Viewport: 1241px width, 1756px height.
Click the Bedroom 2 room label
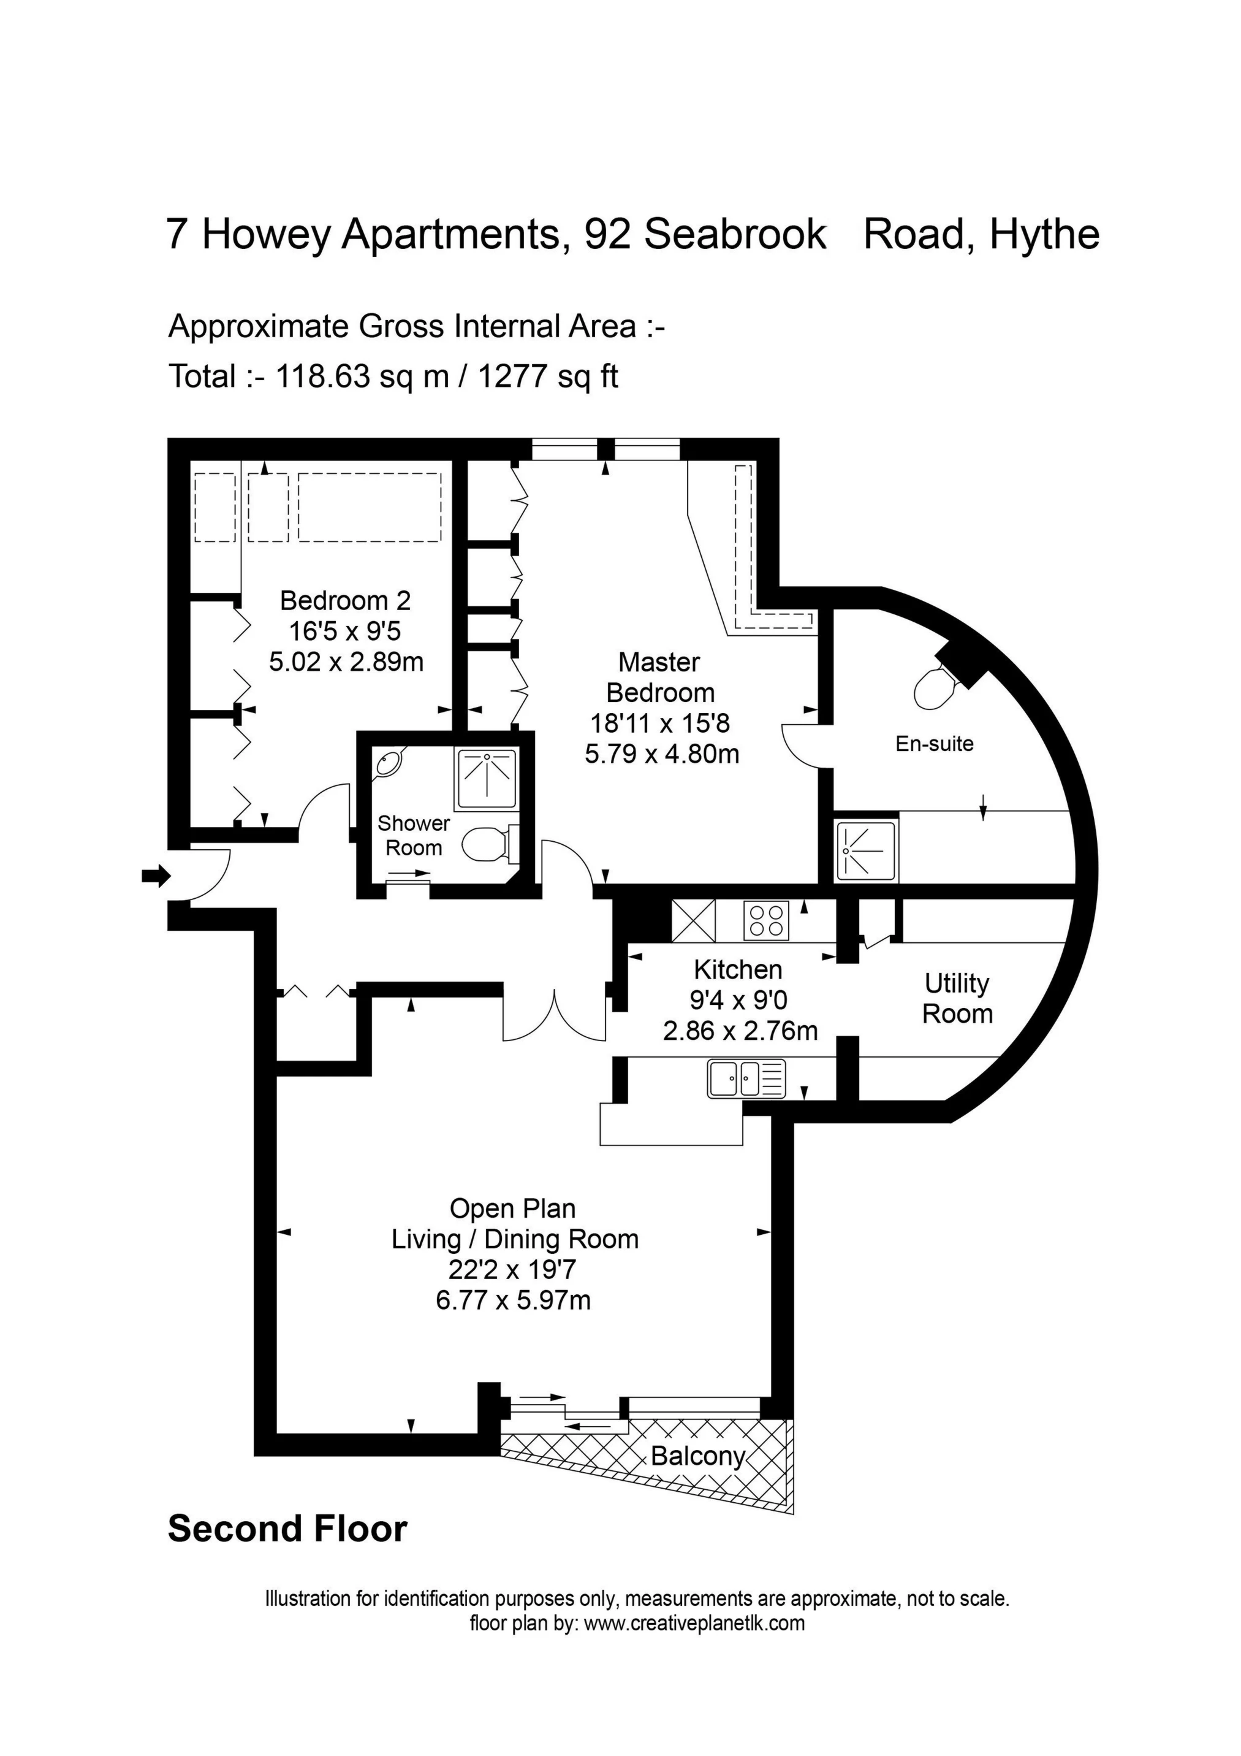[345, 600]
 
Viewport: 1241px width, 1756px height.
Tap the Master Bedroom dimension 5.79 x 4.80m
[661, 754]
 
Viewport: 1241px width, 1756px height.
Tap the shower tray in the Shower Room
[487, 779]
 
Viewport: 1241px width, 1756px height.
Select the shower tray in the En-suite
[867, 850]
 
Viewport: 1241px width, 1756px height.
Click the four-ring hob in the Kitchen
[766, 921]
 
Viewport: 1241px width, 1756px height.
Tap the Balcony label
[697, 1456]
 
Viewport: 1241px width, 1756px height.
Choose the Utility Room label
[957, 998]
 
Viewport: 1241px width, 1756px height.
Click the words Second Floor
[287, 1530]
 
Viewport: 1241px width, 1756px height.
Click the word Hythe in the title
[1044, 234]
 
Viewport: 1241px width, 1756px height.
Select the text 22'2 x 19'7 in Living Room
[512, 1270]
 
